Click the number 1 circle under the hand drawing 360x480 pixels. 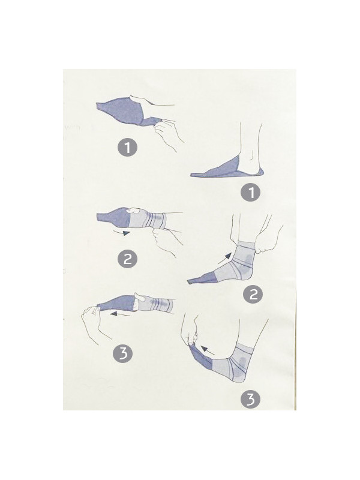point(127,148)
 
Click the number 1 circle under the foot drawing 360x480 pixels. point(251,193)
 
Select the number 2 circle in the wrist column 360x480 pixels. point(127,259)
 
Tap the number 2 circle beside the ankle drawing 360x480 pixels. point(253,294)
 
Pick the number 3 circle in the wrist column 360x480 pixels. point(122,353)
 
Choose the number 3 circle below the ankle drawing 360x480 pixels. point(250,399)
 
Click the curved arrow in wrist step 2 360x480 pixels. point(122,233)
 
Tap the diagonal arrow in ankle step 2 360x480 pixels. point(224,259)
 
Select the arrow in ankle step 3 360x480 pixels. point(208,350)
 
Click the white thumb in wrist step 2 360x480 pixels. point(134,211)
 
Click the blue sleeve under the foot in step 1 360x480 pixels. point(227,169)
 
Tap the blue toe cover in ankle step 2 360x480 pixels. point(203,278)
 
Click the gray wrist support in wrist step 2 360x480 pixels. point(148,220)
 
